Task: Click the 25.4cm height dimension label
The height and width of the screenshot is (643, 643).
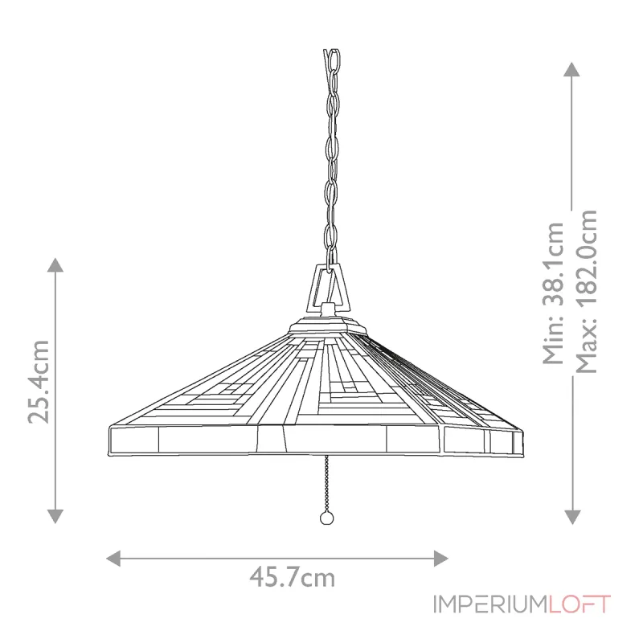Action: coord(39,381)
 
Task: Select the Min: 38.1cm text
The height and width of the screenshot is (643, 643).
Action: coord(554,293)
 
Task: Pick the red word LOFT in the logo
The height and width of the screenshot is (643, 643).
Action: coord(580,604)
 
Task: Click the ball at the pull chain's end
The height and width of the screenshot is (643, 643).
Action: coord(326,518)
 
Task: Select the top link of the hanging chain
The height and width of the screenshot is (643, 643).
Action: coord(331,61)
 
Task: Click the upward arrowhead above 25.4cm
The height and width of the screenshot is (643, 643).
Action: coord(55,266)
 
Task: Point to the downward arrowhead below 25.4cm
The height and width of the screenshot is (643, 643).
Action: coord(55,515)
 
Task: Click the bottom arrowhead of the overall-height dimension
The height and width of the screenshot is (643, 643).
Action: coord(572,516)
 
